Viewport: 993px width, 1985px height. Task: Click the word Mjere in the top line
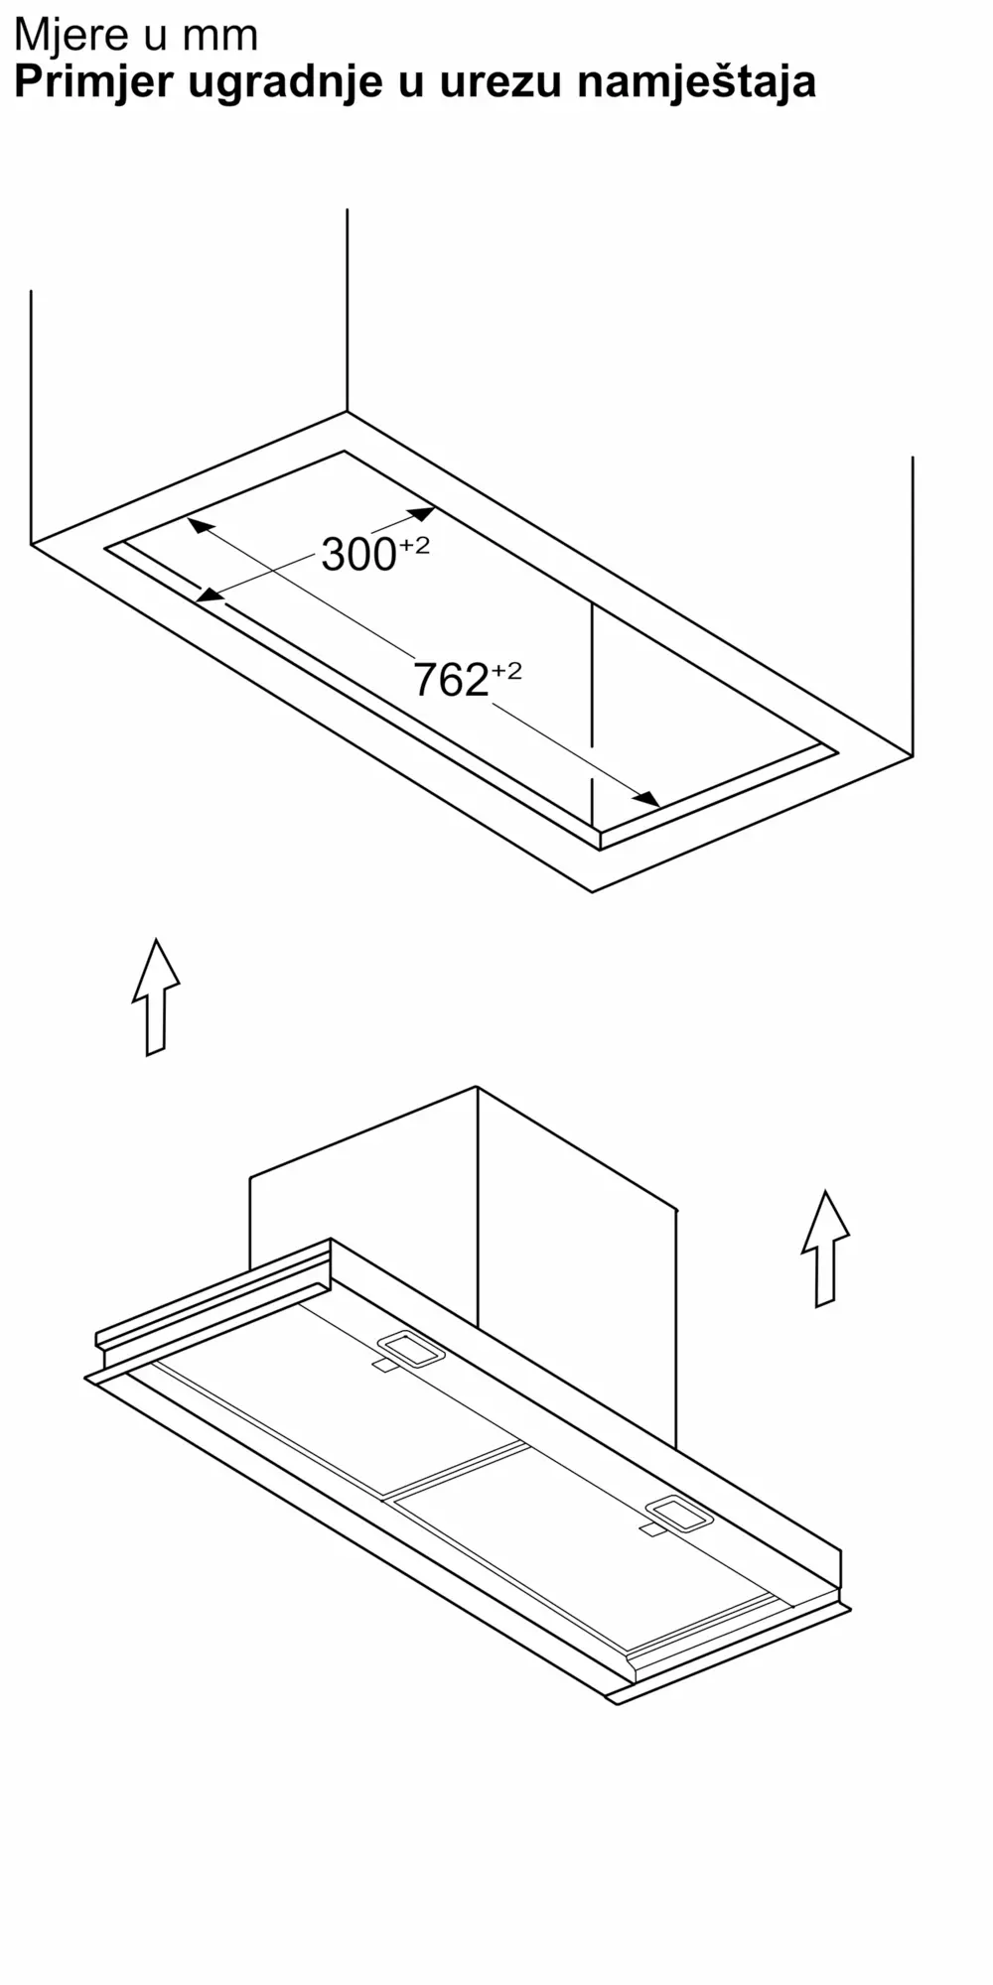pos(71,35)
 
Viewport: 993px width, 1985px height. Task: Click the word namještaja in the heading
pos(696,82)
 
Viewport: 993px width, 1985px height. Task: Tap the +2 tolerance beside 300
pos(414,545)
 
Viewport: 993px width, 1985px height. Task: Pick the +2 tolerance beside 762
pos(505,671)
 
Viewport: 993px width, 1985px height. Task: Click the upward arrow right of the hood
pos(825,1248)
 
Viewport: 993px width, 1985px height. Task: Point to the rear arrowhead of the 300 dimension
pos(421,514)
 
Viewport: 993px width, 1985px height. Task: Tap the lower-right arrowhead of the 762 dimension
pos(646,798)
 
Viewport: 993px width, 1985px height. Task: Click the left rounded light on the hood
pos(411,1348)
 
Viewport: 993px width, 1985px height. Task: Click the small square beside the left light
pos(384,1367)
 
